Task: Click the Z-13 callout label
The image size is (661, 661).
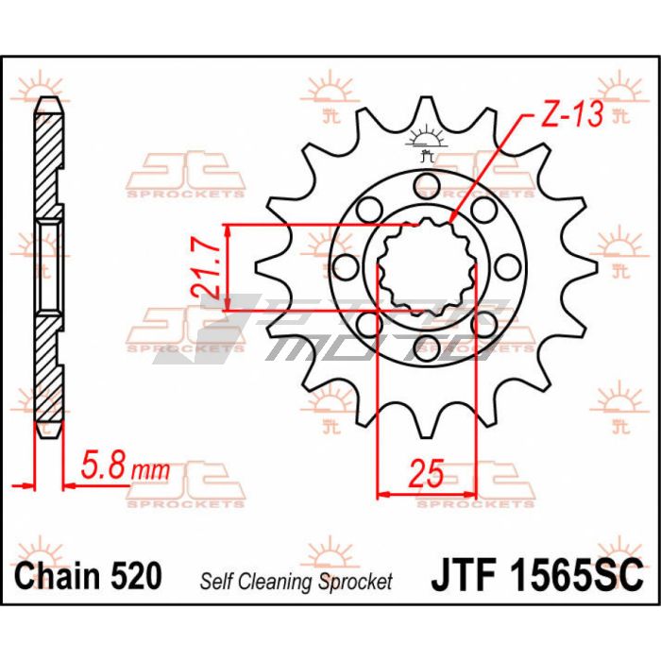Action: pyautogui.click(x=572, y=114)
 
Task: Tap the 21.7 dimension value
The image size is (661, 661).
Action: pyautogui.click(x=206, y=267)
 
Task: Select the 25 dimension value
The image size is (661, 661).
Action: pyautogui.click(x=427, y=472)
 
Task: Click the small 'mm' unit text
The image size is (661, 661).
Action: pyautogui.click(x=150, y=470)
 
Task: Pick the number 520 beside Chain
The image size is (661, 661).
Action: pyautogui.click(x=136, y=576)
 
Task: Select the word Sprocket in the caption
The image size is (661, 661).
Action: pyautogui.click(x=355, y=582)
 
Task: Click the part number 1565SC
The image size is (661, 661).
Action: pyautogui.click(x=577, y=576)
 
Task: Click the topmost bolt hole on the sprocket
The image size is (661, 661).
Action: pyautogui.click(x=427, y=186)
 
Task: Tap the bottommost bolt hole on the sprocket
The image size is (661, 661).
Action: pyautogui.click(x=427, y=348)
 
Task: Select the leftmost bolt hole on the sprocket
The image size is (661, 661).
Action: pyautogui.click(x=346, y=267)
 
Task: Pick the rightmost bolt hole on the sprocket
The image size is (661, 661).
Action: pyautogui.click(x=508, y=267)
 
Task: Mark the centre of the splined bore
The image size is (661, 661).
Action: pyautogui.click(x=427, y=267)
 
